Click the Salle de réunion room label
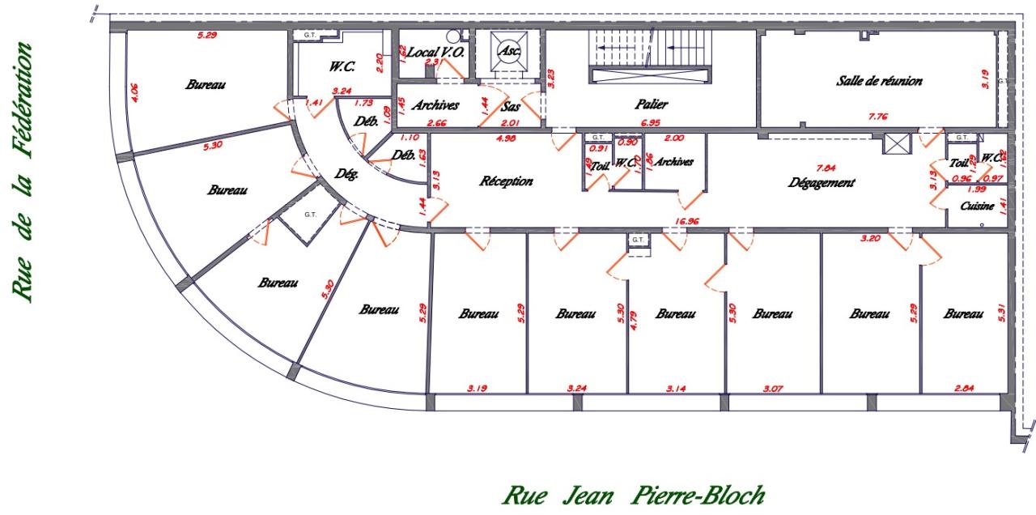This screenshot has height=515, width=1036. click(x=879, y=81)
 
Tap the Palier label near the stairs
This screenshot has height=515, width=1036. click(x=651, y=104)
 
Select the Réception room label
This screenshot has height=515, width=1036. click(x=507, y=181)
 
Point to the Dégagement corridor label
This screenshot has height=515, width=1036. click(x=822, y=183)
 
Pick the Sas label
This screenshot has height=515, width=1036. click(x=511, y=106)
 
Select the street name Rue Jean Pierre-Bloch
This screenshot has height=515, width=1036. click(x=634, y=492)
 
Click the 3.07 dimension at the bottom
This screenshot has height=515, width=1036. click(x=772, y=389)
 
